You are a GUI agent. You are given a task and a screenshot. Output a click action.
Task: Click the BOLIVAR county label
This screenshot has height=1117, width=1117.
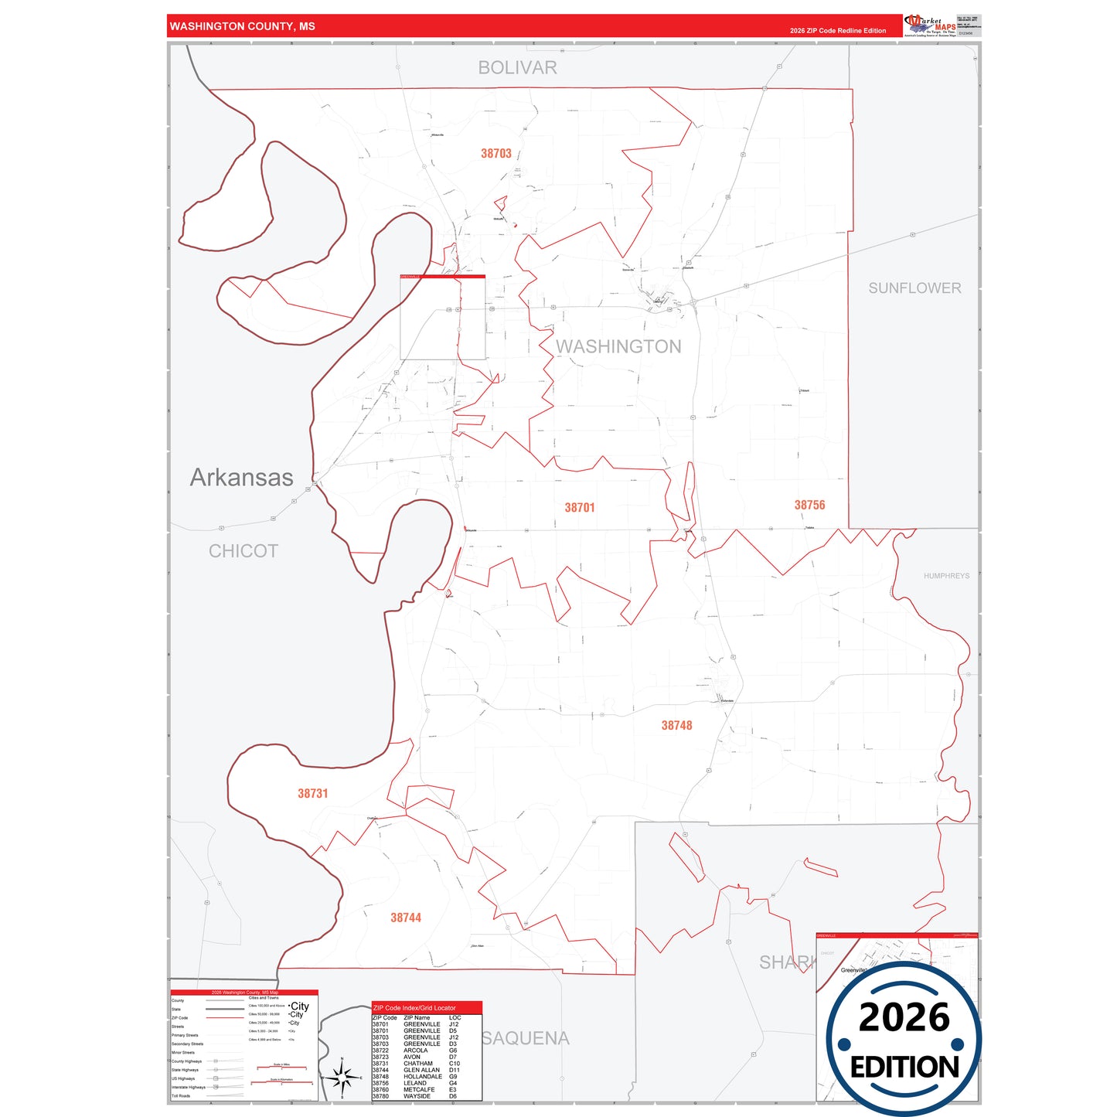[x=517, y=68]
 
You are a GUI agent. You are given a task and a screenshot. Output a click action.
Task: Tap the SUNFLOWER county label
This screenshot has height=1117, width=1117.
[x=914, y=288]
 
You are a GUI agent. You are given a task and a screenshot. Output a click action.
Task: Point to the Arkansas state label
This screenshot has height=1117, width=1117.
[x=242, y=478]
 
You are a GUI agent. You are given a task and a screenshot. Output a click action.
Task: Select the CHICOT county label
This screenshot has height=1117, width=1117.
[x=243, y=551]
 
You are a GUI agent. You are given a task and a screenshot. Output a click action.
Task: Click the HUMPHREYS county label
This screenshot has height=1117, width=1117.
[x=946, y=576]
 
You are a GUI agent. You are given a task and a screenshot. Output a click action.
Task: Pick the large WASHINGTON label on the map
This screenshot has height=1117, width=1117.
[x=618, y=347]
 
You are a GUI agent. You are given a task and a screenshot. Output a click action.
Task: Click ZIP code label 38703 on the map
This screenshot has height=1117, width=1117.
[x=496, y=154]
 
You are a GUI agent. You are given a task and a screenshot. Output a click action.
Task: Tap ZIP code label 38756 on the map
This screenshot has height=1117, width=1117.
[x=809, y=506]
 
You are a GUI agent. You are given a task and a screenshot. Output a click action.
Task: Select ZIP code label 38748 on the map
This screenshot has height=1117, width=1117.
[x=676, y=726]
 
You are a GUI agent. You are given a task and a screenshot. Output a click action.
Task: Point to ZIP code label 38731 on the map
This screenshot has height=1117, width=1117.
[x=313, y=794]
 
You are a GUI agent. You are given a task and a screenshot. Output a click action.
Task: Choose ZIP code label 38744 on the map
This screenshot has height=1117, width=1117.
[x=406, y=918]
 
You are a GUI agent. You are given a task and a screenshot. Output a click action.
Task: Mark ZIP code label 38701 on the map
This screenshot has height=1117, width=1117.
[x=580, y=508]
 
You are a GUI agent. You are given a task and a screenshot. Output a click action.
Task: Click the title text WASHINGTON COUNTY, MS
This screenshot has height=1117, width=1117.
[x=243, y=26]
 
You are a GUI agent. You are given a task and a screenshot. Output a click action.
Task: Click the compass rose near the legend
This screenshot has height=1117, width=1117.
[x=342, y=1077]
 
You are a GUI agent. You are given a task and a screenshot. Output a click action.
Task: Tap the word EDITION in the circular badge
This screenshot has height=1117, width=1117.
[x=904, y=1068]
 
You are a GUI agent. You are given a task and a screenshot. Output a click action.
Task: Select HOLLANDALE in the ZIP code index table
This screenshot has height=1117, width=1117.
[x=423, y=1077]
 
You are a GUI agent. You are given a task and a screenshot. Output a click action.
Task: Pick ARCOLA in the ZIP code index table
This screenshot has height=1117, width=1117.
[x=416, y=1051]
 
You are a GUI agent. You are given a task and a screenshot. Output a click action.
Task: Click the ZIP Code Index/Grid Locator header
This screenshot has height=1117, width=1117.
[x=414, y=1008]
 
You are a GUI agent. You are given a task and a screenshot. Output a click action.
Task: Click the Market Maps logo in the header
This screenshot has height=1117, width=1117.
[x=930, y=26]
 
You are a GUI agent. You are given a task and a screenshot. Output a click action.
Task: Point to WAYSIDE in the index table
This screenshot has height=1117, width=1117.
[x=417, y=1096]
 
